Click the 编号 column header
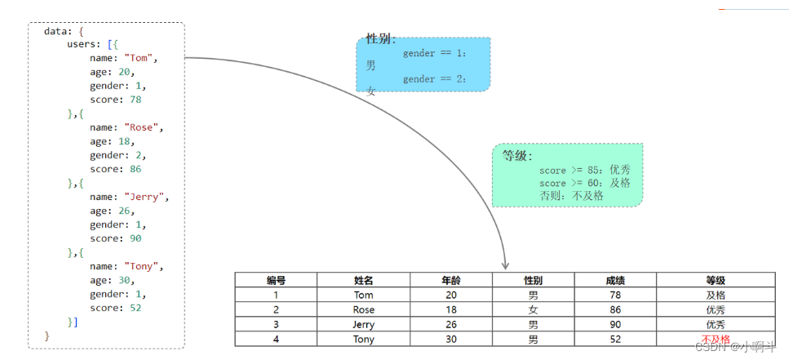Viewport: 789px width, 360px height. point(276,280)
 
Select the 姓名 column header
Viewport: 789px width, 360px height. point(364,280)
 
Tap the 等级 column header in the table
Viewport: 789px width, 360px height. point(716,280)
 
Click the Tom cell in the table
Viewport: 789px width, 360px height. point(364,295)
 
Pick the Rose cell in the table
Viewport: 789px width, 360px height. point(364,309)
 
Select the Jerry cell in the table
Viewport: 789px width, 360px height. point(364,324)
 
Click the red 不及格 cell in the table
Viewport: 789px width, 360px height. point(716,339)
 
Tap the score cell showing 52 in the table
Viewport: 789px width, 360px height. point(615,339)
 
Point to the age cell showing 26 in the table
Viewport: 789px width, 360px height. point(451,324)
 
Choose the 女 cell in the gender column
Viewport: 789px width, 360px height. point(533,309)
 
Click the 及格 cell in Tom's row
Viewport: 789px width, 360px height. point(716,295)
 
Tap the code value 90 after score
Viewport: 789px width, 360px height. point(135,238)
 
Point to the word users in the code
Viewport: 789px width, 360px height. point(83,44)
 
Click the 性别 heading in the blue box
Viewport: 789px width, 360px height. point(380,39)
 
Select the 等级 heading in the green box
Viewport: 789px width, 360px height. point(516,156)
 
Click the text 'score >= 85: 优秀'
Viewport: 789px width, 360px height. point(584,170)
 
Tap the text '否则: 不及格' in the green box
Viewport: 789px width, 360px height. point(571,196)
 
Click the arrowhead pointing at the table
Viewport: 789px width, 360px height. point(505,264)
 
